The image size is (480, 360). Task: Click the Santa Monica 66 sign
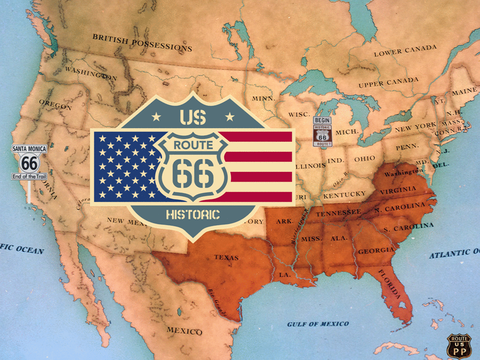pos(29,162)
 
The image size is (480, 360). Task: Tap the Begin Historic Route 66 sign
pos(322,132)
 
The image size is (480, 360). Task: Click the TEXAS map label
pos(226,257)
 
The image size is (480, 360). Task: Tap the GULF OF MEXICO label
pos(318,324)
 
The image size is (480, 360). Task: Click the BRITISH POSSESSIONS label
pos(142,42)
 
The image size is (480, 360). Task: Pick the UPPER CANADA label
pos(388,82)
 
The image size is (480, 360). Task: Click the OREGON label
pos(55,105)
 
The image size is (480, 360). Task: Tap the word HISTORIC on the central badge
pos(192,215)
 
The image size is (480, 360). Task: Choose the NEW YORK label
pos(415,127)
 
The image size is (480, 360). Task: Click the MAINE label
pos(464,92)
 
